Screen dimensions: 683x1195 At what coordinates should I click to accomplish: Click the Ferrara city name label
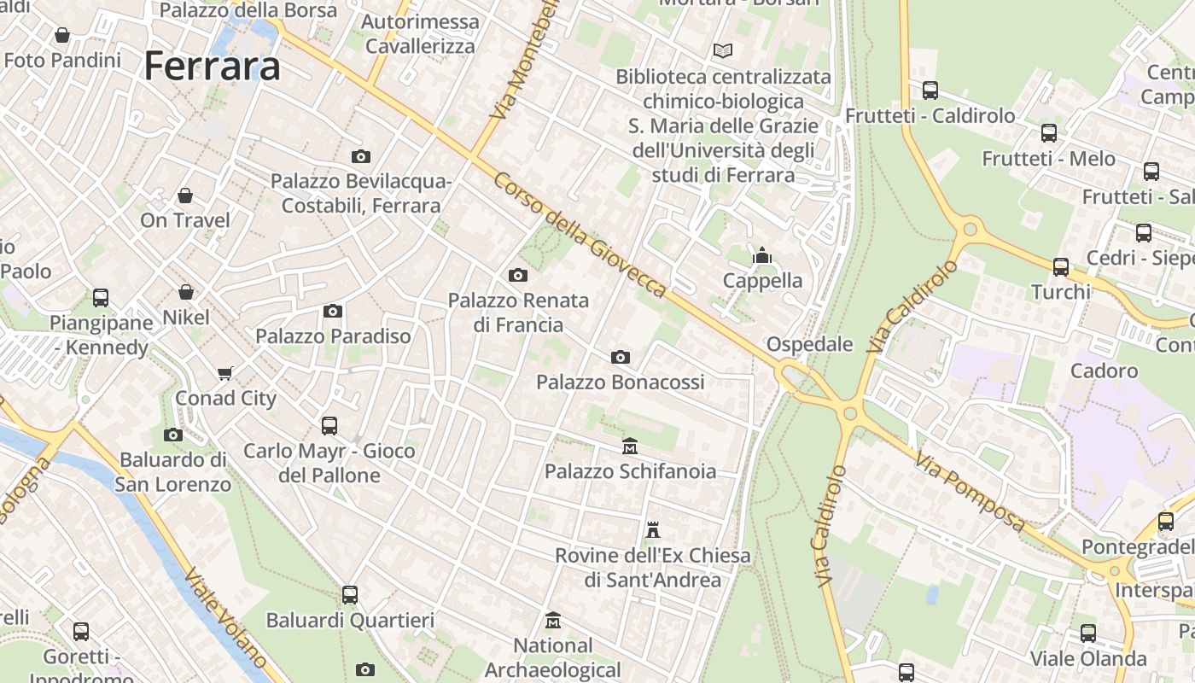(212, 66)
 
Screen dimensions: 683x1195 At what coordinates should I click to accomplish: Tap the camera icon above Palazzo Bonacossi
(621, 357)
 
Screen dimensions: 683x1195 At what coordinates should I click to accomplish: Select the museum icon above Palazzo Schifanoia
(630, 446)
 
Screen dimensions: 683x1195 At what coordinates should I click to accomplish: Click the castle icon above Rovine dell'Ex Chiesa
(653, 530)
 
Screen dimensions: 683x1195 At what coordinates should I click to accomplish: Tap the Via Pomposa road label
(971, 493)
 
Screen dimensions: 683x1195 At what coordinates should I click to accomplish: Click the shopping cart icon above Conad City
(225, 373)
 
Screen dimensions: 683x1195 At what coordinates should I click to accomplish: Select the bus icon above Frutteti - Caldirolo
(930, 90)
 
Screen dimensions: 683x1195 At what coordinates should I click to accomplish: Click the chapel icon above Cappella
(762, 255)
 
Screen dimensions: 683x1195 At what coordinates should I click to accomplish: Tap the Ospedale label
(810, 344)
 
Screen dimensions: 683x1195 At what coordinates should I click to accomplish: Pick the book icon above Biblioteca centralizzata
(723, 51)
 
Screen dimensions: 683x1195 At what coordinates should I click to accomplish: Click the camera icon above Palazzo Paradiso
(333, 311)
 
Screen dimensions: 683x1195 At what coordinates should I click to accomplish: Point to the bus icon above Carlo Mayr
(329, 425)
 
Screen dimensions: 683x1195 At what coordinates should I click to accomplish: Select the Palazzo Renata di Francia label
(519, 312)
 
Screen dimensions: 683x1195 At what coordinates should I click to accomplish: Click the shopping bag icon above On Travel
(185, 196)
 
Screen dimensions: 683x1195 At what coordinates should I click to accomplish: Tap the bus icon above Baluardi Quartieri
(350, 594)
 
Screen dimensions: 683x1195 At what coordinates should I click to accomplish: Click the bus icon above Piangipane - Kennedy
(101, 298)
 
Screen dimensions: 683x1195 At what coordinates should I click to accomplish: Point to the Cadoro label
(1104, 371)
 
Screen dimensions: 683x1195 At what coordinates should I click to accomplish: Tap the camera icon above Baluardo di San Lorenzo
(173, 435)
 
